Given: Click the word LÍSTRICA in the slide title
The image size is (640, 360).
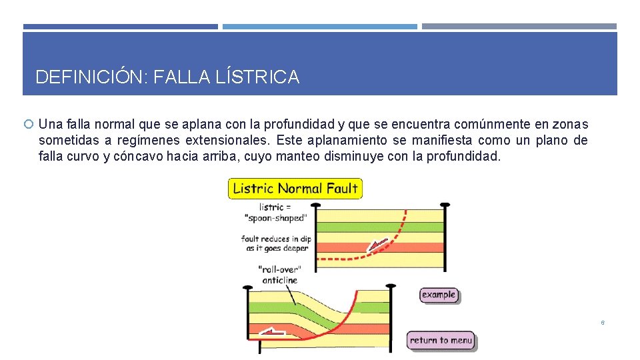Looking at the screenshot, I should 257,77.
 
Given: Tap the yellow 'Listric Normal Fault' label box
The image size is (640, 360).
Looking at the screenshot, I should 295,189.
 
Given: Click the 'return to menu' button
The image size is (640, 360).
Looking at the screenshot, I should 441,340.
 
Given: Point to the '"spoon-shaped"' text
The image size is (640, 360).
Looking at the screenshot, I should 275,218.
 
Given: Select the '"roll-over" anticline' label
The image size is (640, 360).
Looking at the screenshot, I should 279,274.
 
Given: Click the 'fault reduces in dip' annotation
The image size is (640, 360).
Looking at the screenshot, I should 276,239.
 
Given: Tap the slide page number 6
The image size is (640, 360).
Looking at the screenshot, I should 603,323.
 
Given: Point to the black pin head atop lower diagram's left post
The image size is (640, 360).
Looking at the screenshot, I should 248,287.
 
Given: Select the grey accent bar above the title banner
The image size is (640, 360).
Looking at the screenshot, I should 519,27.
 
